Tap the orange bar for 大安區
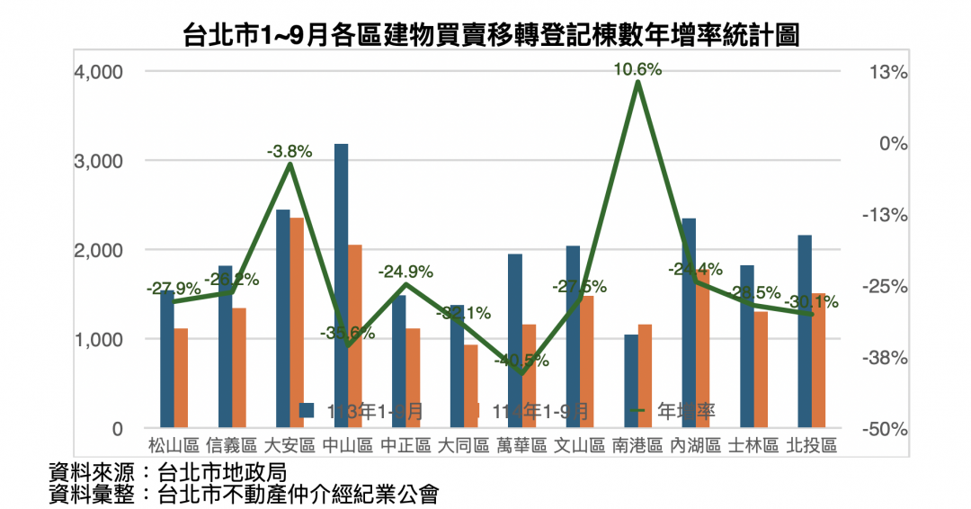click(x=297, y=323)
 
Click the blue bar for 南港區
click(x=631, y=381)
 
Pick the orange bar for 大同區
click(x=471, y=387)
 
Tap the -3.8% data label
click(x=290, y=152)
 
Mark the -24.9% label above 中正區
click(x=405, y=271)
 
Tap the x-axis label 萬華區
click(x=521, y=445)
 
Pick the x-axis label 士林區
click(x=753, y=445)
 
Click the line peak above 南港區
click(x=637, y=83)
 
